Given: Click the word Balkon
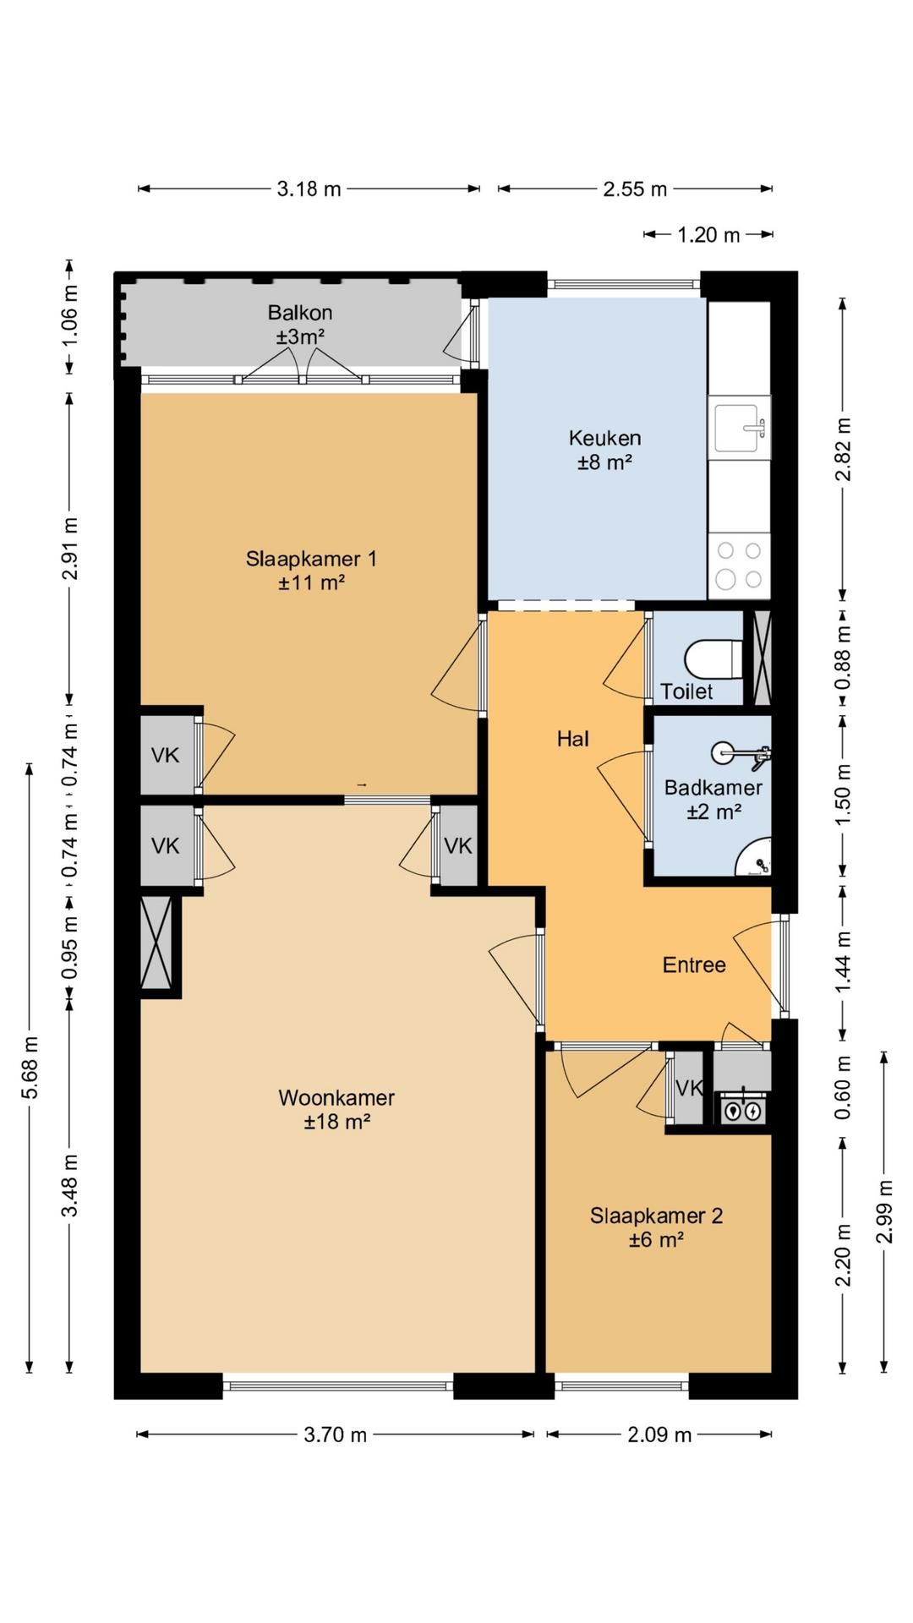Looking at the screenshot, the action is [x=300, y=312].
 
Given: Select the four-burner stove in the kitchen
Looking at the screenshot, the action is [x=740, y=565].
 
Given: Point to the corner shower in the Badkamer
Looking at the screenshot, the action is [x=754, y=857].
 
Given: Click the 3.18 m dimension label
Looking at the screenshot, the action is [x=309, y=189].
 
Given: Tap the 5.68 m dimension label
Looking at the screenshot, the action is [x=30, y=1068].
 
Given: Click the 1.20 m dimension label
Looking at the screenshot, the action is [x=708, y=235].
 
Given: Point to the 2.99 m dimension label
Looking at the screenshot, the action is [x=884, y=1211].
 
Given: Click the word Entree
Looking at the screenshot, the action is [x=694, y=965].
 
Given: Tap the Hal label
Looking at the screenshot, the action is [x=572, y=740].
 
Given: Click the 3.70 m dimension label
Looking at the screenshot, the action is [x=336, y=1434].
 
